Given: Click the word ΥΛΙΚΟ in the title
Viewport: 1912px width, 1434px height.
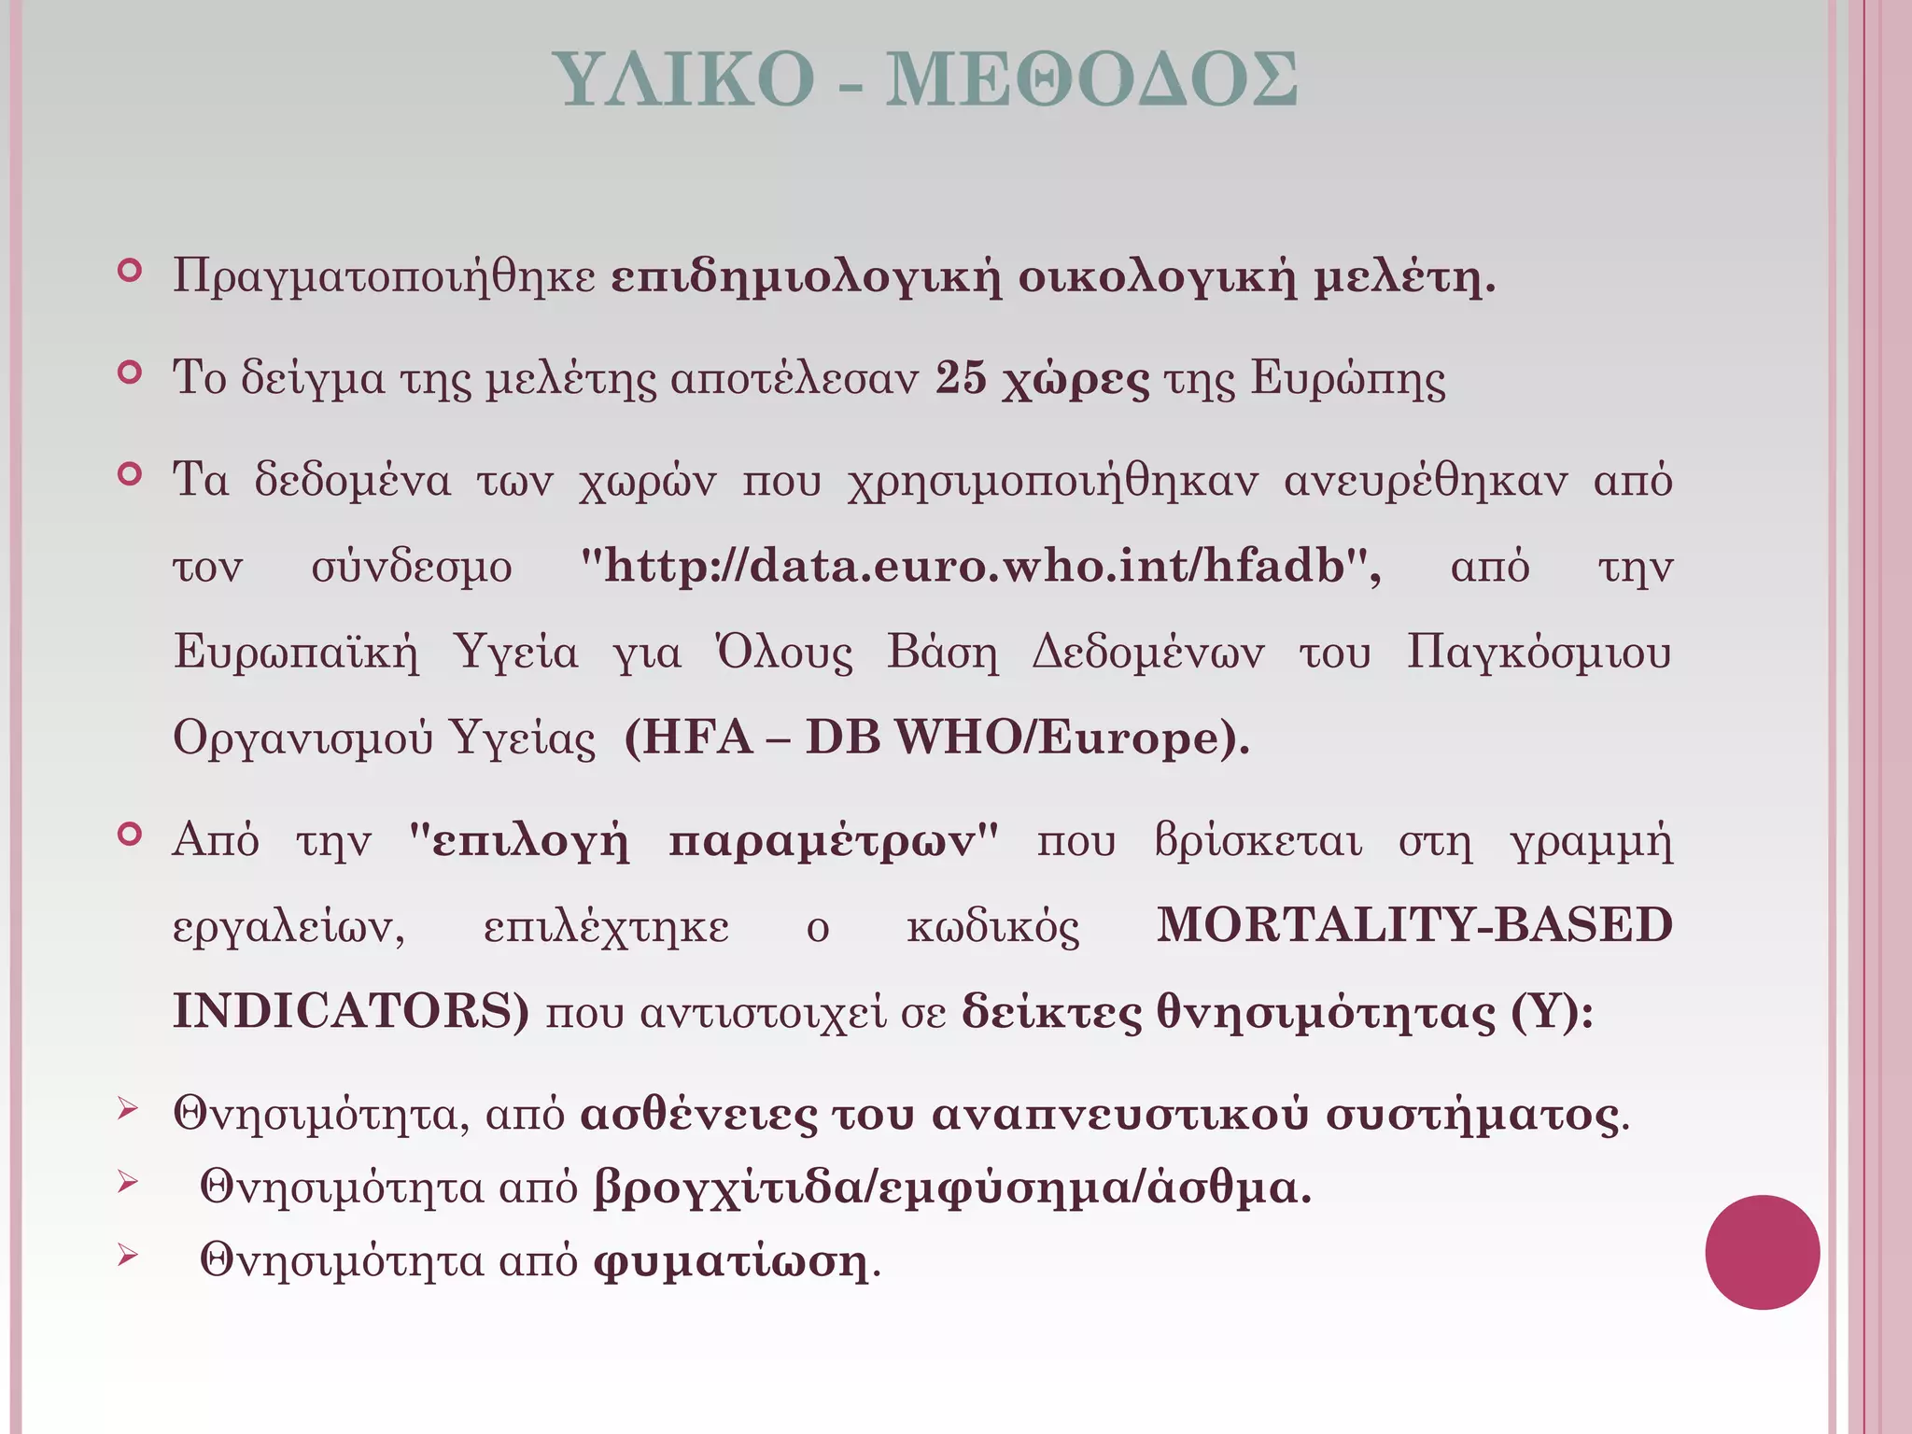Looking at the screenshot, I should (683, 79).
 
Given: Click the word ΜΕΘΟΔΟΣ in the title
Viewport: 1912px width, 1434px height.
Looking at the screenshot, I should (1090, 79).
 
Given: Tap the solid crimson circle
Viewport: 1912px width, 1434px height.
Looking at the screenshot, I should (1762, 1252).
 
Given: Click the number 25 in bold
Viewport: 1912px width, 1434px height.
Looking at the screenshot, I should (961, 378).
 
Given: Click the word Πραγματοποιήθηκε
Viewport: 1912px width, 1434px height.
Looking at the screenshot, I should (384, 277).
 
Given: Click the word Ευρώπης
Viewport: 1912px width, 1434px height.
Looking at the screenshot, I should (1348, 378).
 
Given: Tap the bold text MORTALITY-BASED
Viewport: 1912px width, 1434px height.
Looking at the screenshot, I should (1413, 925).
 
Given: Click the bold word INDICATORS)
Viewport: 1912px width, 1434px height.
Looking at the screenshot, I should (351, 1011).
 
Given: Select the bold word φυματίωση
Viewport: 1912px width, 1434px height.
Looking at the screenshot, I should (731, 1261).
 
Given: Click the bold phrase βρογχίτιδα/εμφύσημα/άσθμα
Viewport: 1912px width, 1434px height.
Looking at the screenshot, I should (952, 1188).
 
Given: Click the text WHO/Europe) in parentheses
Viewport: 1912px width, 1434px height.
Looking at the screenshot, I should (1072, 738).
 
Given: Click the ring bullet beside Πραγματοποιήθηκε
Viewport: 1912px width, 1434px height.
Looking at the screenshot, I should (130, 272).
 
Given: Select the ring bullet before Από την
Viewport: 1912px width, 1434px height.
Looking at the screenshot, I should (130, 834).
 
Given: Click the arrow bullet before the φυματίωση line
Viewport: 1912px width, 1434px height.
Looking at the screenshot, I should (128, 1258).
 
